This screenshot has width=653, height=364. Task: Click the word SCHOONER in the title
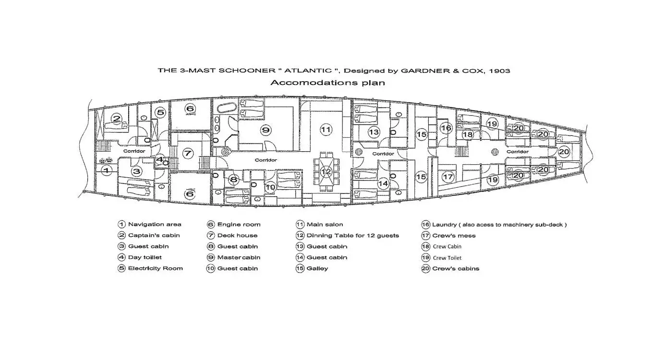[x=247, y=71]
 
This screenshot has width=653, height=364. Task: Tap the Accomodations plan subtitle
[x=327, y=83]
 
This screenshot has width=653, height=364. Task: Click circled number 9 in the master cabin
[x=265, y=129]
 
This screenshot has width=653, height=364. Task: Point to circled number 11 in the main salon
[x=326, y=129]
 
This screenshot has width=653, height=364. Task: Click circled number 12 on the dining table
[x=326, y=171]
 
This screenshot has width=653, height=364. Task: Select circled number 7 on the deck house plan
[x=188, y=154]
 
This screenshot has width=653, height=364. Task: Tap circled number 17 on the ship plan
[x=447, y=177]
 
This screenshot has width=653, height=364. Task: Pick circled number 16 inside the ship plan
[x=446, y=128]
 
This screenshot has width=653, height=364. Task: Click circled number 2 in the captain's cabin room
[x=116, y=118]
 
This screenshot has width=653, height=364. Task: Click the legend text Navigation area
[x=155, y=224]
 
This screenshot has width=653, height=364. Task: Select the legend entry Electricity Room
[x=155, y=268]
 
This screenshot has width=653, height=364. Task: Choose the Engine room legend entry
[x=239, y=224]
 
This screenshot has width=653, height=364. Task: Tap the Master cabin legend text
[x=239, y=257]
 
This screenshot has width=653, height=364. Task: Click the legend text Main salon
[x=325, y=224]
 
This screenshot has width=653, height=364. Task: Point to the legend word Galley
[x=317, y=268]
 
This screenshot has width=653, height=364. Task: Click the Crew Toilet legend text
[x=447, y=258]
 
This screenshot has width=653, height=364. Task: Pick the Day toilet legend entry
[x=145, y=257]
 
